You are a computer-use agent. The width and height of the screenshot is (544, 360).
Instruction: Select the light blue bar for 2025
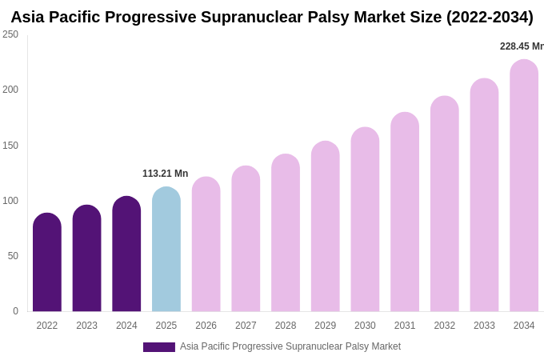(x=166, y=250)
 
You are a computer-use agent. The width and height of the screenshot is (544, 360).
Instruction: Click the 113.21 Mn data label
(x=165, y=174)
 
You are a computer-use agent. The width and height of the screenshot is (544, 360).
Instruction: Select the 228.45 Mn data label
(x=522, y=46)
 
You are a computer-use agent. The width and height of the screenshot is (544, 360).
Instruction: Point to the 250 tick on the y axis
(x=10, y=34)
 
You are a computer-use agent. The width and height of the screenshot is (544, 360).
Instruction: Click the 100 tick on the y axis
(x=10, y=201)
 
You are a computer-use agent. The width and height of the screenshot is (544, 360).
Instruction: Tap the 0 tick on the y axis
(x=15, y=311)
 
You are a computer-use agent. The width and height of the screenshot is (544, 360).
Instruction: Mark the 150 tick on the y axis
(x=10, y=146)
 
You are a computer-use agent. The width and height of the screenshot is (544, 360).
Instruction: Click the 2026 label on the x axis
(x=206, y=326)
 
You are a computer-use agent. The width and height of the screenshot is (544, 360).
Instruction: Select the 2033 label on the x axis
(x=484, y=326)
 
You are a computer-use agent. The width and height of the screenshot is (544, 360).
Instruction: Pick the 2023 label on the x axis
(x=86, y=326)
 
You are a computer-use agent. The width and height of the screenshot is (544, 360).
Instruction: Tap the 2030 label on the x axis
(x=365, y=326)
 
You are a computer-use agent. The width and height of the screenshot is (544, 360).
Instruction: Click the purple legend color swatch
(x=158, y=347)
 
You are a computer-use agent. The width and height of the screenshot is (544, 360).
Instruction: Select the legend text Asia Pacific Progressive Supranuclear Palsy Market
(x=290, y=346)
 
